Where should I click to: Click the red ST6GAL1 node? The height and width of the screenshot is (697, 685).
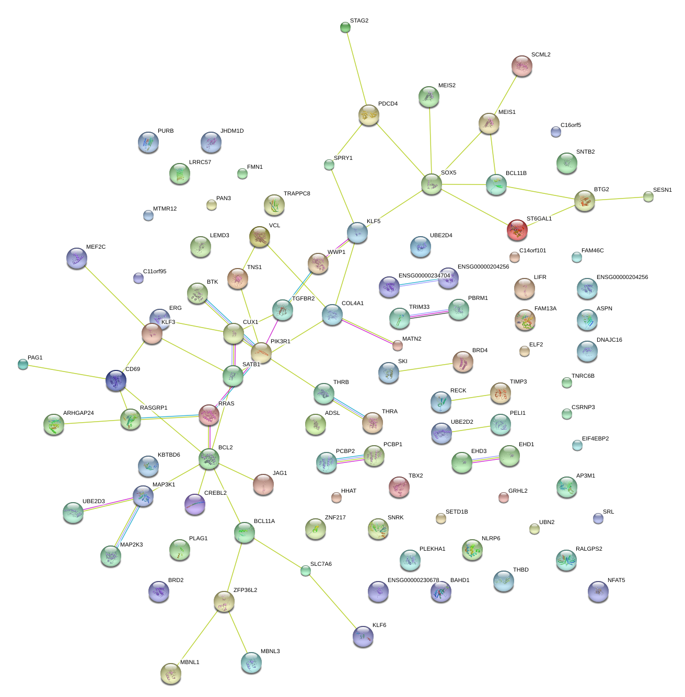tap(517, 230)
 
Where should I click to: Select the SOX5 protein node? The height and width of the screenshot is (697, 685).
tap(432, 184)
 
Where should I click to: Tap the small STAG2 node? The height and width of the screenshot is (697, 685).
tap(345, 27)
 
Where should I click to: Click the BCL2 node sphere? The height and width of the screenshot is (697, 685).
tap(209, 459)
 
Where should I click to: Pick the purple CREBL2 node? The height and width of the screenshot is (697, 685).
tap(195, 504)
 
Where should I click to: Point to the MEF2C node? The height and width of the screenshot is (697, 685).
tap(77, 258)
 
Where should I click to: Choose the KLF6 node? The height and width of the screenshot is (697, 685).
tap(363, 636)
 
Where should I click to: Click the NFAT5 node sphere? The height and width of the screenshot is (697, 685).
tap(598, 591)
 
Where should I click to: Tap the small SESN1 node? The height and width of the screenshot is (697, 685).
tap(648, 196)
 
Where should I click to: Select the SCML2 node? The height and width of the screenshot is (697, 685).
tap(522, 66)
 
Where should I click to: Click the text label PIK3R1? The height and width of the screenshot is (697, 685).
tap(280, 342)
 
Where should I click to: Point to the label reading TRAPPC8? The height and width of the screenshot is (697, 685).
tap(297, 194)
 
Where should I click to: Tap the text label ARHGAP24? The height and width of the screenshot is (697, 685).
tap(78, 413)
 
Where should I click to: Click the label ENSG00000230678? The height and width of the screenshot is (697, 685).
tap(413, 580)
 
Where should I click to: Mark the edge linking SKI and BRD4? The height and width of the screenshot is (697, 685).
tap(425, 367)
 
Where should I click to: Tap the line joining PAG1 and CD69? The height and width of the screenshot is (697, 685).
tap(68, 373)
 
